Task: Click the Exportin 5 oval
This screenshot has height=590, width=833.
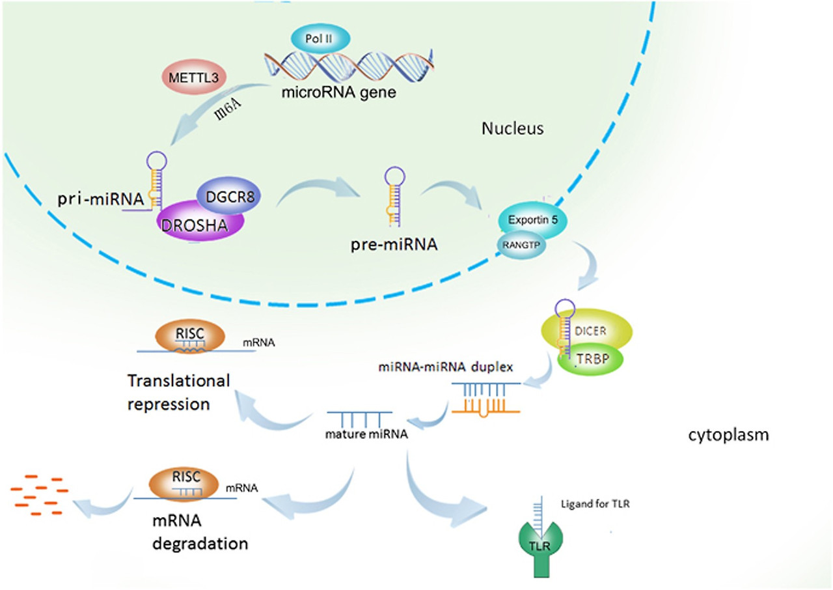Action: (x=533, y=219)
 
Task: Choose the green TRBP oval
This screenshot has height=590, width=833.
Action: (x=588, y=359)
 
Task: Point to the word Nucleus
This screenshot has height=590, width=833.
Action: (x=512, y=129)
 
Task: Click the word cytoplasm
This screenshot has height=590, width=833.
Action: (x=728, y=435)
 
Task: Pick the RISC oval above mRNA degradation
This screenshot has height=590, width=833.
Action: (x=182, y=481)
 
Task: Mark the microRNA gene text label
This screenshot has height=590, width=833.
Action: (x=338, y=92)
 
